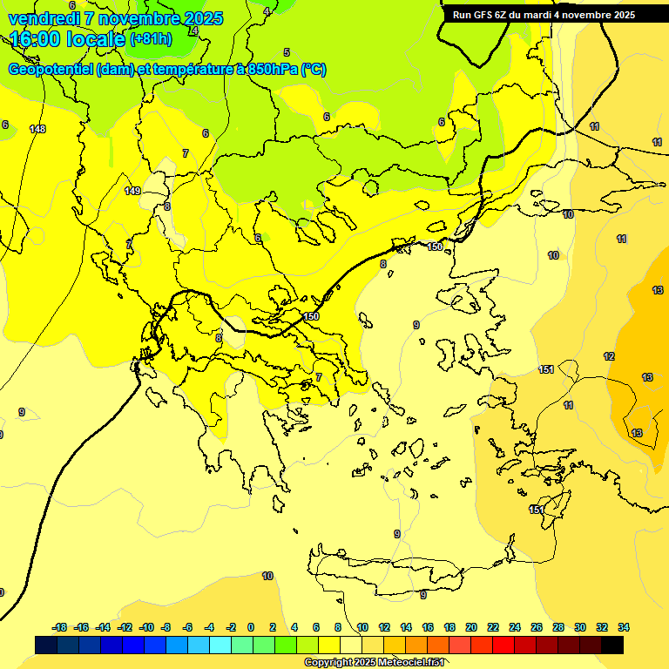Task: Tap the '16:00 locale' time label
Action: tap(68, 39)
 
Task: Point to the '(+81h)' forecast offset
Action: tap(151, 39)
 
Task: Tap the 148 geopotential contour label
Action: tap(37, 130)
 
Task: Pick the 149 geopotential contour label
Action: tap(132, 191)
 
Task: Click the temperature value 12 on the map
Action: tap(609, 356)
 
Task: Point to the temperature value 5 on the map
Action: tap(287, 53)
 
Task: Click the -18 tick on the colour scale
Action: tap(60, 627)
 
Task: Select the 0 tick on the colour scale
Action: tap(251, 627)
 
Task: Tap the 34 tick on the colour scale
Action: tap(624, 627)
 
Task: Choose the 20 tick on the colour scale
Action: tap(471, 627)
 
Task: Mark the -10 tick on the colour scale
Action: tap(146, 627)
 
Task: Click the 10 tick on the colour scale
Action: tap(362, 627)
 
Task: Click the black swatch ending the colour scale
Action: tap(612, 645)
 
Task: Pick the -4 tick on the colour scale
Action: tap(209, 627)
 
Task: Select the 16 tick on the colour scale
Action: tap(428, 627)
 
